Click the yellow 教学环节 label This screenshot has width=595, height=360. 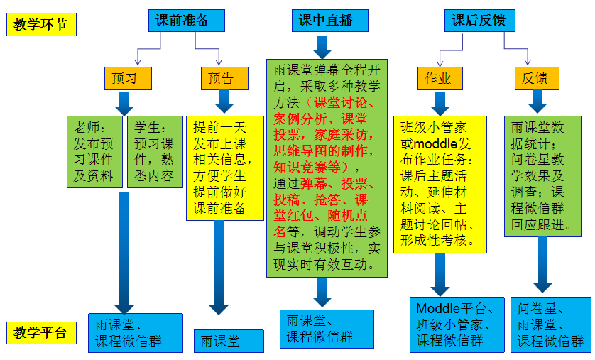tap(40, 25)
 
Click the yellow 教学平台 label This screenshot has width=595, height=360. tap(40, 332)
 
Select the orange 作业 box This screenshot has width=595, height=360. tap(438, 78)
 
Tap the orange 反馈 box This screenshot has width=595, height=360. tap(535, 78)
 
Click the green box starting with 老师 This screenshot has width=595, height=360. tap(95, 151)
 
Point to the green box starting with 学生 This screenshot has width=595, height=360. tap(155, 151)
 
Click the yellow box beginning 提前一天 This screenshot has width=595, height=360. tap(220, 167)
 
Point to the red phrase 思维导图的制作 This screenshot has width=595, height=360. tap(323, 150)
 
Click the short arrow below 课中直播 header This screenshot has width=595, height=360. tap(323, 46)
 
